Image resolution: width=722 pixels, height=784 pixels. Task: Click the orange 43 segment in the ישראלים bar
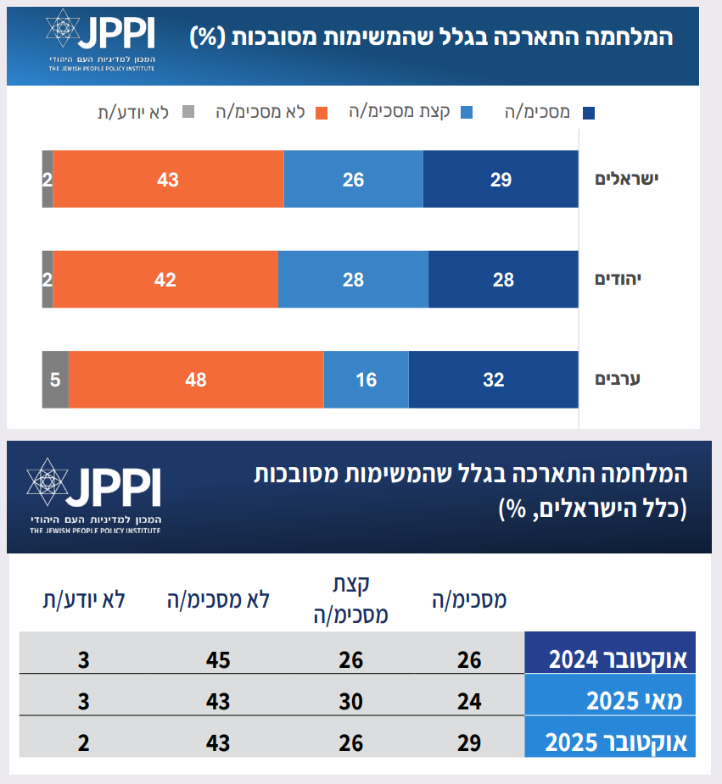click(168, 179)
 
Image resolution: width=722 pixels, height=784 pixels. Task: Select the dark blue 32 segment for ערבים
click(493, 379)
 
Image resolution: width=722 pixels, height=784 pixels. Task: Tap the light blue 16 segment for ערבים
click(366, 379)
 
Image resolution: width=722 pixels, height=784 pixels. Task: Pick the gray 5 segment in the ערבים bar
click(55, 379)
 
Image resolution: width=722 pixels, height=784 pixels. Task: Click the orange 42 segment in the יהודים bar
click(165, 279)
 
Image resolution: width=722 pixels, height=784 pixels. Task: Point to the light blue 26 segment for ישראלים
click(353, 179)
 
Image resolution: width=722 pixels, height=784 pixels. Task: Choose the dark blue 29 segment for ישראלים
click(501, 179)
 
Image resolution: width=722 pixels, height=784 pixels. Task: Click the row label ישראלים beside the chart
click(627, 179)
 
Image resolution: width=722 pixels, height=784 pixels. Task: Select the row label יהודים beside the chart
click(630, 279)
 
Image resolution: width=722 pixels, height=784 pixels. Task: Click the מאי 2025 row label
click(641, 700)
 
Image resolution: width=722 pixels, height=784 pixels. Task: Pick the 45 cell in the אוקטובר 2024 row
click(217, 659)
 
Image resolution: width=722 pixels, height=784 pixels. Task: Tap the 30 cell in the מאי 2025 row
click(350, 700)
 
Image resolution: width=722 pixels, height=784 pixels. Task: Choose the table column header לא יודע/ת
click(84, 599)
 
